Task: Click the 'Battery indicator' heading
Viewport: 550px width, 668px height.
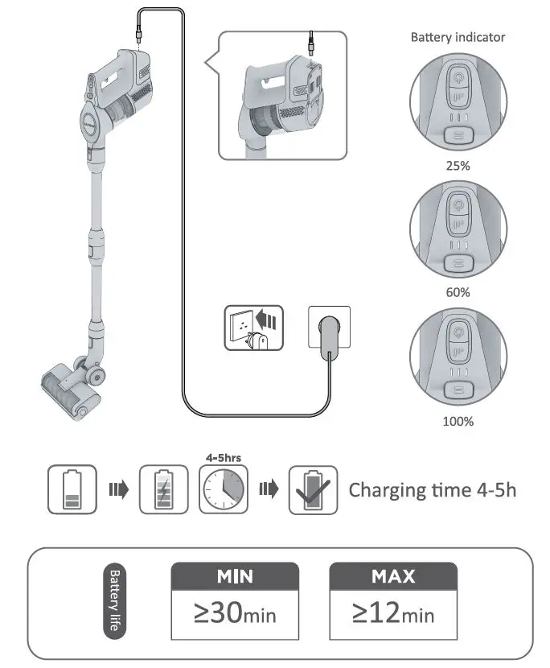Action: [x=458, y=37]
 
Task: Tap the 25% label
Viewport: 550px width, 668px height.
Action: [x=458, y=167]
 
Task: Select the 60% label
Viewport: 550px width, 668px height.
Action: [x=458, y=292]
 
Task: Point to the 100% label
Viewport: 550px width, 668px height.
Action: [x=458, y=421]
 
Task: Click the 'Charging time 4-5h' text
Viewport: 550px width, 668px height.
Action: [x=432, y=490]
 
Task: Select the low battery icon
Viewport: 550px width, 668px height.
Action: [x=72, y=489]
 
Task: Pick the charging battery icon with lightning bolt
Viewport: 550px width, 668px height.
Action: [x=163, y=489]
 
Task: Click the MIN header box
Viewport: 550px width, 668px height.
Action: [x=235, y=576]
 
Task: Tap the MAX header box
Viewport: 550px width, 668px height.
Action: [x=393, y=576]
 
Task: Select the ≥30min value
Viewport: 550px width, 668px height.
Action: [x=235, y=616]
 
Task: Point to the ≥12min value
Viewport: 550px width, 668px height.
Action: [x=393, y=616]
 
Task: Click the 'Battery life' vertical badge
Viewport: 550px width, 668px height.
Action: [x=114, y=604]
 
